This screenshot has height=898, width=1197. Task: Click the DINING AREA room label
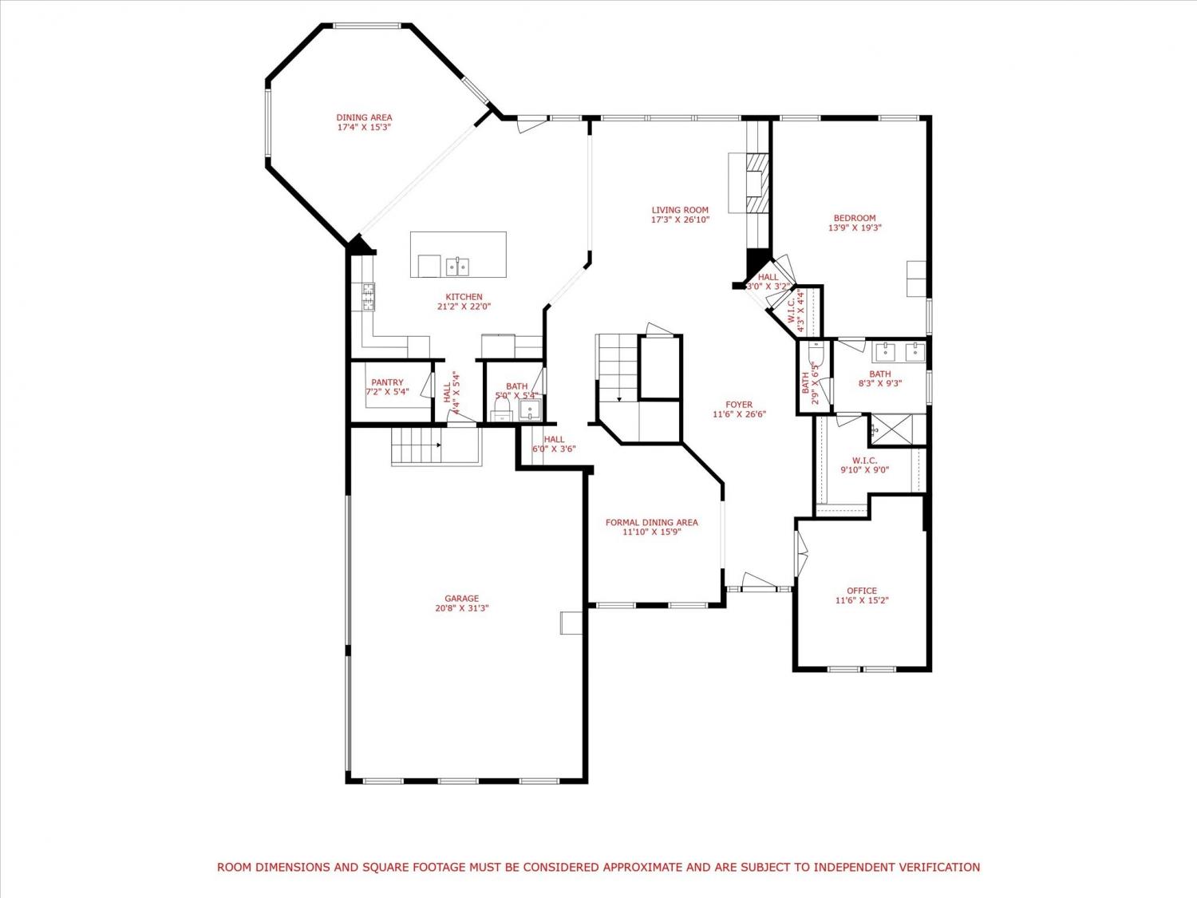[x=364, y=118]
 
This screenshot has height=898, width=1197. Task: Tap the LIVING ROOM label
[x=680, y=210]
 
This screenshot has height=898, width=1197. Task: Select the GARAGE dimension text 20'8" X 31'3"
[x=462, y=608]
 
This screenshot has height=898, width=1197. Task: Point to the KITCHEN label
[x=464, y=297]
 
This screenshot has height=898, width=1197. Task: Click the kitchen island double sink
[x=458, y=267]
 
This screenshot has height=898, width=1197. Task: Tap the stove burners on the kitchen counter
[x=368, y=297]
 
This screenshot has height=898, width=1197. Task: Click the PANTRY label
[x=387, y=383]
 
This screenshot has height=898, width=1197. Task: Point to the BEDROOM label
[x=855, y=218]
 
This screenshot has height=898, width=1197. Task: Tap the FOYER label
[x=739, y=405]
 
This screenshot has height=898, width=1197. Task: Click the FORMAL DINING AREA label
[x=652, y=522]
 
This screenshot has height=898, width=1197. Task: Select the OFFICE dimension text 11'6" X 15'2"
[x=862, y=600]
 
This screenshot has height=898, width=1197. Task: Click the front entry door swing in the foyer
[x=759, y=581]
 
